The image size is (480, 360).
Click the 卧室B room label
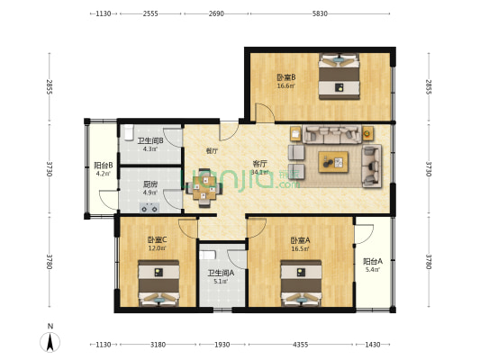click(x=286, y=77)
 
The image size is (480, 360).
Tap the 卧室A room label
click(x=300, y=240)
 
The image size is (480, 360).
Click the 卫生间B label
click(x=149, y=140)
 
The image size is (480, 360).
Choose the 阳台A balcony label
click(x=373, y=261)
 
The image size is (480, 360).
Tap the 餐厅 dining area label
click(x=212, y=151)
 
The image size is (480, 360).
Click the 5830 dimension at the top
click(x=320, y=14)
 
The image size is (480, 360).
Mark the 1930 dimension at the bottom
click(x=222, y=345)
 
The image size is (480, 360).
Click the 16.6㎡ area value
click(x=286, y=86)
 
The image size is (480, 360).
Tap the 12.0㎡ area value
click(x=157, y=249)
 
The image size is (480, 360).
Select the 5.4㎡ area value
click(x=373, y=269)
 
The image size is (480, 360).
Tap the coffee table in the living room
click(x=332, y=162)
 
